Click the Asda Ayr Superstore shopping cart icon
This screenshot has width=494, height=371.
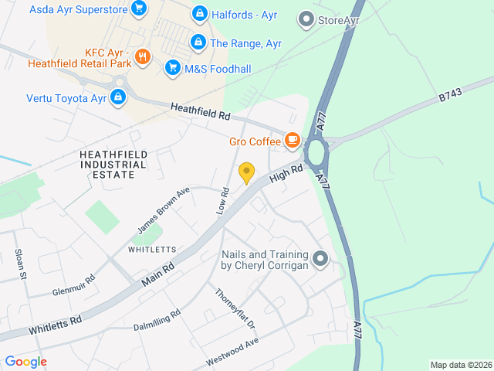[x=139, y=9]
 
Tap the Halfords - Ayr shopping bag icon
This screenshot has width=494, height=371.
[x=200, y=14]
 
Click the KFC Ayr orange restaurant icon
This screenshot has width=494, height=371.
[x=142, y=56]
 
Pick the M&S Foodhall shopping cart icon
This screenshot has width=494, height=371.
[x=172, y=68]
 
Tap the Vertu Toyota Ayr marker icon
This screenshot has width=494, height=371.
[x=118, y=97]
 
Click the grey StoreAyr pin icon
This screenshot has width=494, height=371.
[x=306, y=19]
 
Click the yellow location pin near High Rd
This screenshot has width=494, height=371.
[x=246, y=172]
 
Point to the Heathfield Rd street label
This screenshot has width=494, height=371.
[x=201, y=111]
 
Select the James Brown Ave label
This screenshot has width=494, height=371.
[x=164, y=211]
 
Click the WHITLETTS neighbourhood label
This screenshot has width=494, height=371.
[x=152, y=250]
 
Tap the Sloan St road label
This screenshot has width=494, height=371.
[x=22, y=264]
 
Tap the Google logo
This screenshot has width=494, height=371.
[x=25, y=361]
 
